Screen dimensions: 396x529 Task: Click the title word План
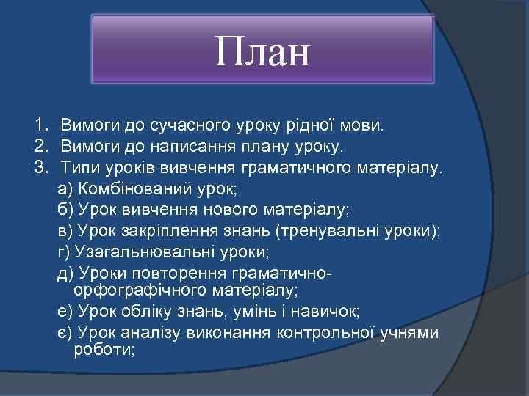click(x=262, y=53)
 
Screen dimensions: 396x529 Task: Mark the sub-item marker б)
click(x=65, y=210)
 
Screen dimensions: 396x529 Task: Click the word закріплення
click(x=169, y=231)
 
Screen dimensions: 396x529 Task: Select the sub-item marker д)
click(x=65, y=274)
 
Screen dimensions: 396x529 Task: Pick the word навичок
click(x=326, y=312)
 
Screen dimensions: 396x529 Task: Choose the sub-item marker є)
click(x=65, y=333)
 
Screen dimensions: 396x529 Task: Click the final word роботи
click(x=104, y=350)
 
